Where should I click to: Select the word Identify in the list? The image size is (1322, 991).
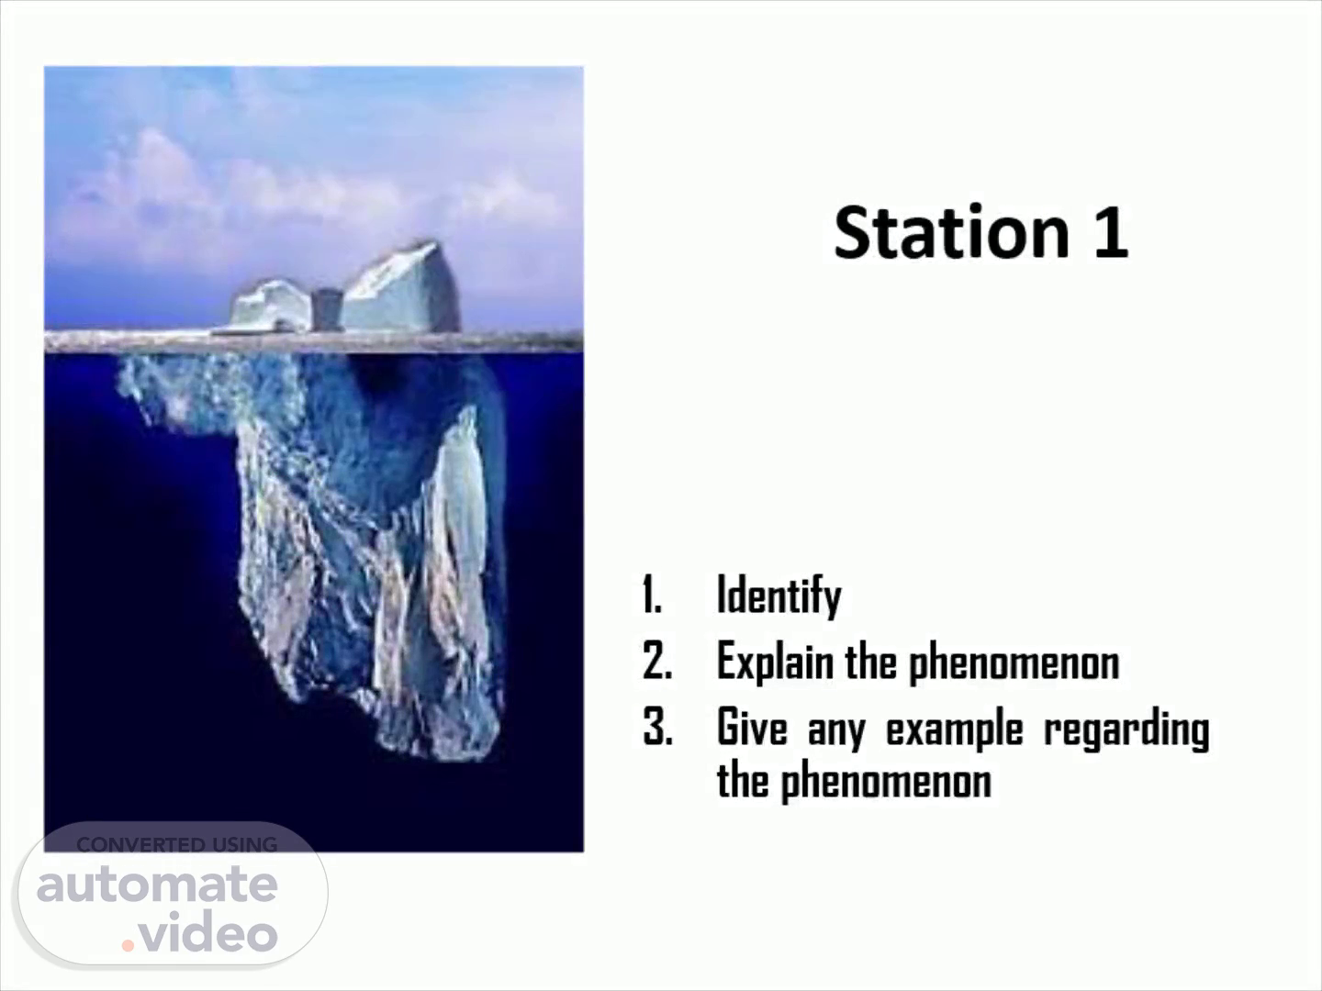779,596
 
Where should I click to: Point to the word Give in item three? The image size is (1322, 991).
752,728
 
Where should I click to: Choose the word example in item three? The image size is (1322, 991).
955,730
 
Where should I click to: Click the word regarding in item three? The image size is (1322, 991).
1126,730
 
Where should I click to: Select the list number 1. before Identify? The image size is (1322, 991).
653,595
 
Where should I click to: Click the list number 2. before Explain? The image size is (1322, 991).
657,661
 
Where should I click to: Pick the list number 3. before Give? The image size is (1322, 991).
657,727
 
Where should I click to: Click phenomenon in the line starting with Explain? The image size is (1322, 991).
1014,663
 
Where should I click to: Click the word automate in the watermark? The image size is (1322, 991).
157,885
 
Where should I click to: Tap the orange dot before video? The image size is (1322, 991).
128,945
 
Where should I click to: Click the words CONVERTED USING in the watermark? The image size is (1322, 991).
177,845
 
